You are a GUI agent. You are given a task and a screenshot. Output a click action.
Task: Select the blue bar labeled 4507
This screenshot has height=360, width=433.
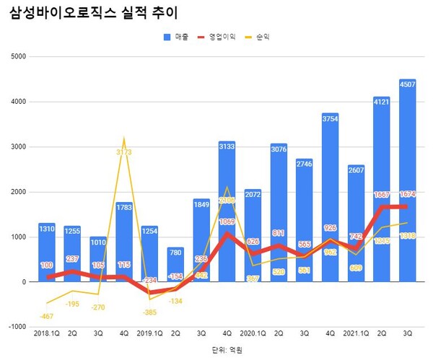pos(407,180)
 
